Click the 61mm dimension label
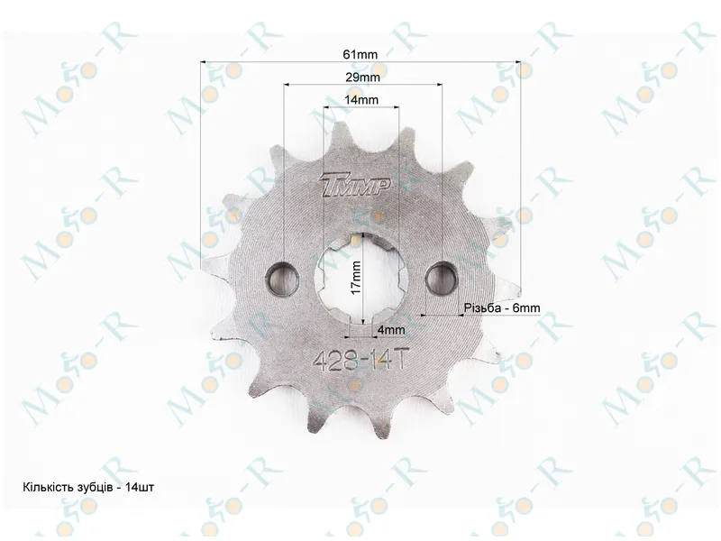(x=360, y=54)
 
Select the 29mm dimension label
(x=363, y=77)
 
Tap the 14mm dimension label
(x=361, y=99)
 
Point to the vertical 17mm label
(x=355, y=278)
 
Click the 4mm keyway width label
(x=391, y=330)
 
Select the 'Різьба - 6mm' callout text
(x=502, y=307)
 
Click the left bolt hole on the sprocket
(x=282, y=279)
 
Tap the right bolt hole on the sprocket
(x=442, y=278)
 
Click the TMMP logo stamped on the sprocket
(x=356, y=187)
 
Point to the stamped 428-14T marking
(x=360, y=360)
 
